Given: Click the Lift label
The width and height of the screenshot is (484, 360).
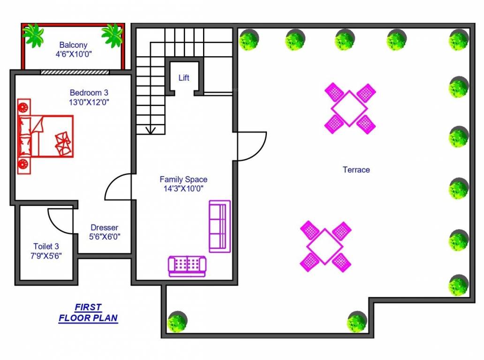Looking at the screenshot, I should click(184, 78).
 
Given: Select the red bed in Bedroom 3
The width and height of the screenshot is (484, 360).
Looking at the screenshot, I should click(45, 136).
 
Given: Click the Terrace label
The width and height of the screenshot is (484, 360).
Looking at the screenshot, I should click(356, 170).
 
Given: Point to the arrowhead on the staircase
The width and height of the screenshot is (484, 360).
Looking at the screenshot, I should click(151, 130).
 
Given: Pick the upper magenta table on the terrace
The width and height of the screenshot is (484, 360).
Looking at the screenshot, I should click(349, 108).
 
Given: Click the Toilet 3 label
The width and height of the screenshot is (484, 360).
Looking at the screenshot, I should click(46, 246).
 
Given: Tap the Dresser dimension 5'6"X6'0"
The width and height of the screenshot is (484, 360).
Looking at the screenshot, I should click(104, 237).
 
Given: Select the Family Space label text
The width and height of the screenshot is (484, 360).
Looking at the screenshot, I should click(183, 180).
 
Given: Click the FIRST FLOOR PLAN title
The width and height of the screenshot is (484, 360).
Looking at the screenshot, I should click(88, 313).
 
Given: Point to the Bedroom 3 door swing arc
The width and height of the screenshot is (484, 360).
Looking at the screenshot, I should click(116, 186).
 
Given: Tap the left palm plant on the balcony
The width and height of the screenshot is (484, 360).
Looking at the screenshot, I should click(34, 35).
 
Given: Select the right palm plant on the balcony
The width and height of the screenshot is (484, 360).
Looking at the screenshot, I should click(112, 35).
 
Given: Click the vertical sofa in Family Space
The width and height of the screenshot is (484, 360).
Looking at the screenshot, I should click(219, 226).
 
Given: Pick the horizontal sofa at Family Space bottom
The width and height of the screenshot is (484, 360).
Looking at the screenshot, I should click(187, 266).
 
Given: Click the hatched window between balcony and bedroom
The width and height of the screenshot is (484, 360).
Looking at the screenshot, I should click(75, 72).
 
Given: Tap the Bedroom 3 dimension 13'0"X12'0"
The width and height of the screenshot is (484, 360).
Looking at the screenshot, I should click(89, 101).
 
